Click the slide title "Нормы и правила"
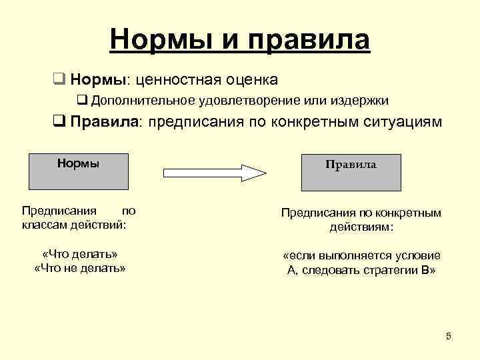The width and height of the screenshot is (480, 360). point(240,39)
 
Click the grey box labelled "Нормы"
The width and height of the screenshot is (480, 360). point(79,171)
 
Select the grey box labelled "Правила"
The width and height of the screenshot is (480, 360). point(351,172)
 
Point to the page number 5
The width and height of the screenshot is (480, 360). point(449,336)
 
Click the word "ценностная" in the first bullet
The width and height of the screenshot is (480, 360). point(174,81)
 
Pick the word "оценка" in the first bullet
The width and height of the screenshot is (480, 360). point(251,81)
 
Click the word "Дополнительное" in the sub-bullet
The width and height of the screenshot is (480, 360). point(141,101)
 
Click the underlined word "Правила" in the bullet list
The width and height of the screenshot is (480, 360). point(105,122)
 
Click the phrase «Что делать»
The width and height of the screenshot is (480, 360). point(79,255)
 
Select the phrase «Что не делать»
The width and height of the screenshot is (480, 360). point(79,268)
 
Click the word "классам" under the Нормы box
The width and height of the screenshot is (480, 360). point(43,224)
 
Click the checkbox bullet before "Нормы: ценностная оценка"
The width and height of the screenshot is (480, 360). point(59,81)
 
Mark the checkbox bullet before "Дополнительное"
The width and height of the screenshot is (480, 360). point(83,101)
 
